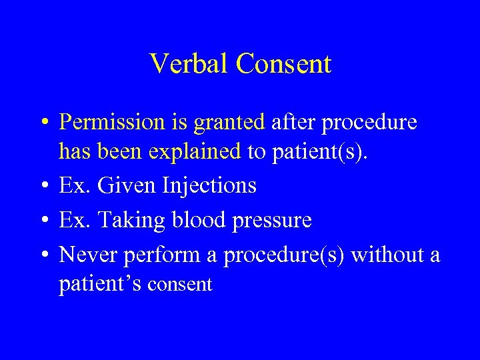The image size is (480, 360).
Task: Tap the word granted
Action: [x=229, y=123]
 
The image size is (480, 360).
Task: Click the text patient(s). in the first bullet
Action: [x=309, y=152]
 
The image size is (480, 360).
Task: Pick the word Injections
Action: [x=209, y=185]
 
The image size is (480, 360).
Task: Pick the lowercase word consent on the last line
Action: [x=179, y=285]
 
